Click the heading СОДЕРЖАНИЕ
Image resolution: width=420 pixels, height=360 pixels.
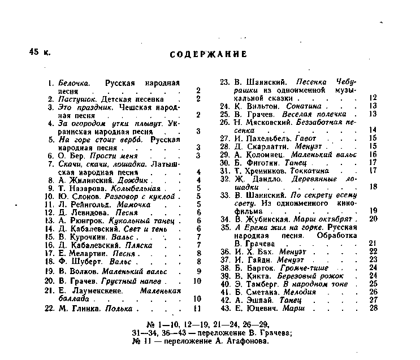tap(208, 54)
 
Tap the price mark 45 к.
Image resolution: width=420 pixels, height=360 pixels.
tap(40, 52)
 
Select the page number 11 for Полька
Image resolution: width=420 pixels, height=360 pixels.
tap(197, 309)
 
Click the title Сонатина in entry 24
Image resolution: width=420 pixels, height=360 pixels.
tap(305, 106)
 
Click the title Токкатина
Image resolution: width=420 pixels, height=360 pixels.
tap(309, 170)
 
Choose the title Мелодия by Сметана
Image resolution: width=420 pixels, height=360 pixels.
tap(300, 292)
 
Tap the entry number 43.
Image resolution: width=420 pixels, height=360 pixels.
tap(225, 308)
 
